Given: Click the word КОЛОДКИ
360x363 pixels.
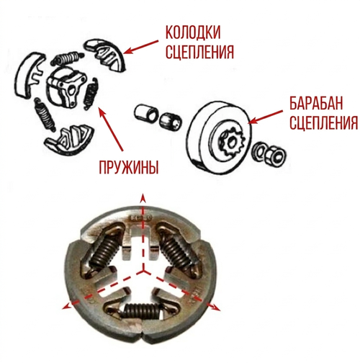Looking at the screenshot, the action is [193, 32].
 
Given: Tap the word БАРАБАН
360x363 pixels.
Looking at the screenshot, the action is [316, 104].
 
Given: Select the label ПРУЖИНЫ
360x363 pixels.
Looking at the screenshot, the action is [129, 167].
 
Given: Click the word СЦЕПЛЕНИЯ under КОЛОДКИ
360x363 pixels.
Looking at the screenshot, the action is [199, 52].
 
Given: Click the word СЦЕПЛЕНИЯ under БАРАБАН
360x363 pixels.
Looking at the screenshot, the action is [323, 122].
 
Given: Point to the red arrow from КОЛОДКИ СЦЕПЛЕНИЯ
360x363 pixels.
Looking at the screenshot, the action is [141, 47].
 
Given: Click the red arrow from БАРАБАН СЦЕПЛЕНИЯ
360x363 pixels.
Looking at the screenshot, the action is [266, 117].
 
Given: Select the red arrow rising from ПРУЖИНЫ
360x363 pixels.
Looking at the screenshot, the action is [110, 129].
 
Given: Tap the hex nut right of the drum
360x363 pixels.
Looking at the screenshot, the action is [275, 155].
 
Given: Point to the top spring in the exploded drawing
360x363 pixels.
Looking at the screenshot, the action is [67, 58].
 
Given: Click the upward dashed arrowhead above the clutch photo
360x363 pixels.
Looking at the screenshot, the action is [143, 198].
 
